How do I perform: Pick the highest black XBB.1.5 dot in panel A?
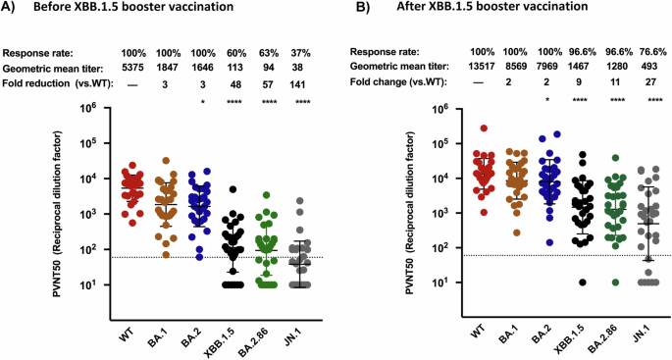[233, 188]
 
